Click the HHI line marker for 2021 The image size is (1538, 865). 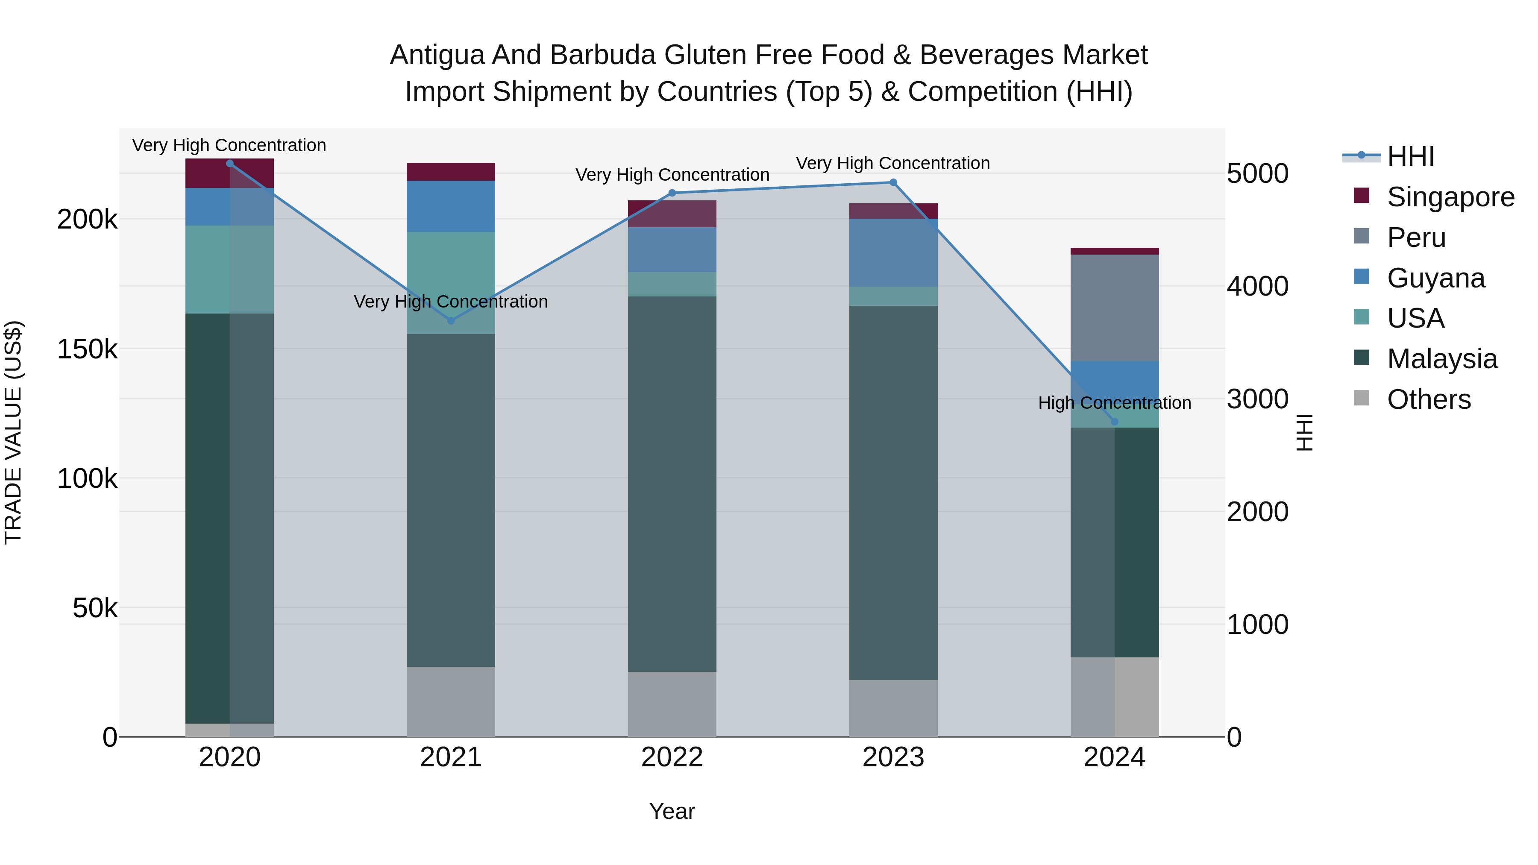coord(451,320)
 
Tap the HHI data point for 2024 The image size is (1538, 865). coord(1114,422)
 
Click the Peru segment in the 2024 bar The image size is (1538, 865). coord(1114,308)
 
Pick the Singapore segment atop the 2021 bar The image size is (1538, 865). coord(451,172)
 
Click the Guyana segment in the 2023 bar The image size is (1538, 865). coord(893,252)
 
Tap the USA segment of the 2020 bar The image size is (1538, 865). coord(229,269)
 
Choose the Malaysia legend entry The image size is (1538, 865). coord(1442,359)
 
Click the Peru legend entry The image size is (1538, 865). coord(1416,238)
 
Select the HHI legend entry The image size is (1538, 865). coord(1410,156)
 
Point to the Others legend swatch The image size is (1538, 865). coord(1361,398)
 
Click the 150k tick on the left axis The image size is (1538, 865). coord(87,349)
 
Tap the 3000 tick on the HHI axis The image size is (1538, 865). coord(1257,399)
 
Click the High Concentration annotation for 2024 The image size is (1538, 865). coord(1114,403)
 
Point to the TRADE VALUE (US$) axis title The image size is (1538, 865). coord(13,432)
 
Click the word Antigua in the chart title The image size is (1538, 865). coord(437,55)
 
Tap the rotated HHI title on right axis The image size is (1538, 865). coord(1305,432)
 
